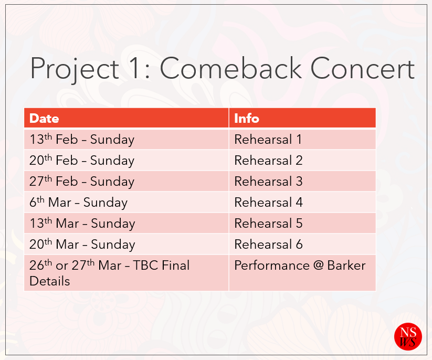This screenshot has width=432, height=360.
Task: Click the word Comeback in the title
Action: click(231, 68)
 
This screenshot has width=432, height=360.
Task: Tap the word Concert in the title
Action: click(363, 68)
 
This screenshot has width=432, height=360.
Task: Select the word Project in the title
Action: click(75, 70)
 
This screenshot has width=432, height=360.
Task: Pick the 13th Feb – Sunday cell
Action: click(127, 139)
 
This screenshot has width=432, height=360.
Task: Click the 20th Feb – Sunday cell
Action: click(127, 160)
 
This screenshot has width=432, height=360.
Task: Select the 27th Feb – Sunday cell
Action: click(127, 181)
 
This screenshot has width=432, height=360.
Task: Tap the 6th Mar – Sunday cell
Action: click(127, 202)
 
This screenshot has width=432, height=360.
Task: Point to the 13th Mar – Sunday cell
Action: click(127, 223)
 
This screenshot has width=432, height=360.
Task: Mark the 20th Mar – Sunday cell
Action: click(127, 244)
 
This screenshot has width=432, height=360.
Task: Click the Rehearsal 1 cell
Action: click(302, 139)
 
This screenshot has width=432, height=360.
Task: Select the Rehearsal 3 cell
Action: click(302, 181)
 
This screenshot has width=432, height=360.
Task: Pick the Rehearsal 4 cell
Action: click(302, 202)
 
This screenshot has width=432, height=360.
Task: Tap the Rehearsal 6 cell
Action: click(302, 244)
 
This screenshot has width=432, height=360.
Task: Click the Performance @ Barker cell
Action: click(302, 273)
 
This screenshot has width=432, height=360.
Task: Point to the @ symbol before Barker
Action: click(318, 266)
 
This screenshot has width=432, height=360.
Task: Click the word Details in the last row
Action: click(49, 281)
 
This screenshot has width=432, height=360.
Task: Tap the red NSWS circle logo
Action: click(408, 336)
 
